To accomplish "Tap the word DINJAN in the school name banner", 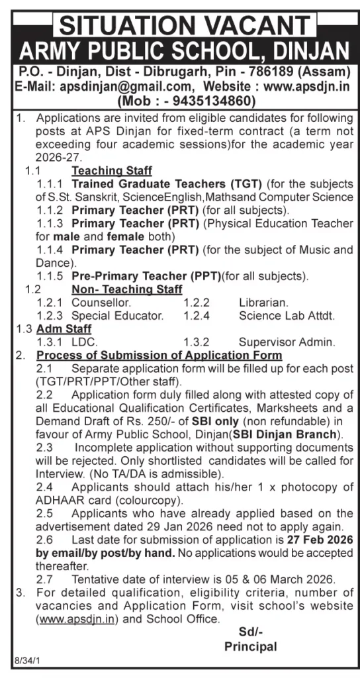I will tap(311, 51).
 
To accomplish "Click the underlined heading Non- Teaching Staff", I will tap(126, 289).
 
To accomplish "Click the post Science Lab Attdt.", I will tap(287, 315).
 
